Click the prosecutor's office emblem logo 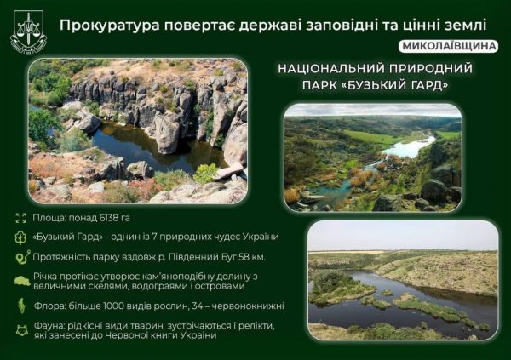point(28,31)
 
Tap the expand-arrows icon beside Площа point(20,218)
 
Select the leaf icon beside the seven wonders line point(20,237)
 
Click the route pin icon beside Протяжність point(20,256)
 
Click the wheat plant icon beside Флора point(20,305)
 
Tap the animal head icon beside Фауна point(20,328)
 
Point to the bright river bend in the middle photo point(409,148)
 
